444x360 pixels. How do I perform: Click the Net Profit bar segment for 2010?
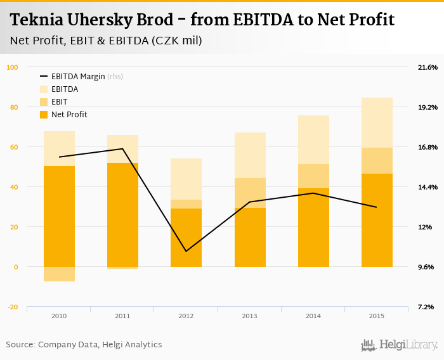click(x=59, y=215)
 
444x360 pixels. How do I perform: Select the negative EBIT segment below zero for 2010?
click(x=59, y=274)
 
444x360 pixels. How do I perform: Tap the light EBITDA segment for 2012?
click(x=186, y=179)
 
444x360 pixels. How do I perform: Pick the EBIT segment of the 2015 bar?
click(x=377, y=160)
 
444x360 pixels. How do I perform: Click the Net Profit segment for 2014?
click(x=313, y=227)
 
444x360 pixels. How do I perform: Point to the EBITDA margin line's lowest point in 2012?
click(x=186, y=251)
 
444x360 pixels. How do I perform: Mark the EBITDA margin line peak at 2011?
click(x=122, y=149)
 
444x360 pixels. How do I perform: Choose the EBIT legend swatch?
click(x=44, y=102)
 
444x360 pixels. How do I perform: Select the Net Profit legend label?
click(x=69, y=115)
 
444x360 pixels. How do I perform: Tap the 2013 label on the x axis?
click(x=249, y=316)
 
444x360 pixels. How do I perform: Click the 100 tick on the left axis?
click(x=13, y=67)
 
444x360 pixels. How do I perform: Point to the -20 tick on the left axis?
click(x=13, y=307)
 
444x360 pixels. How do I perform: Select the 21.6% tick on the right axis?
click(x=428, y=67)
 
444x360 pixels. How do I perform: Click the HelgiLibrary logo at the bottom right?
click(x=399, y=345)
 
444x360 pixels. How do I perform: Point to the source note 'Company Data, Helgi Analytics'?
click(x=100, y=345)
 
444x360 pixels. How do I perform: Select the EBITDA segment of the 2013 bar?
click(x=249, y=155)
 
